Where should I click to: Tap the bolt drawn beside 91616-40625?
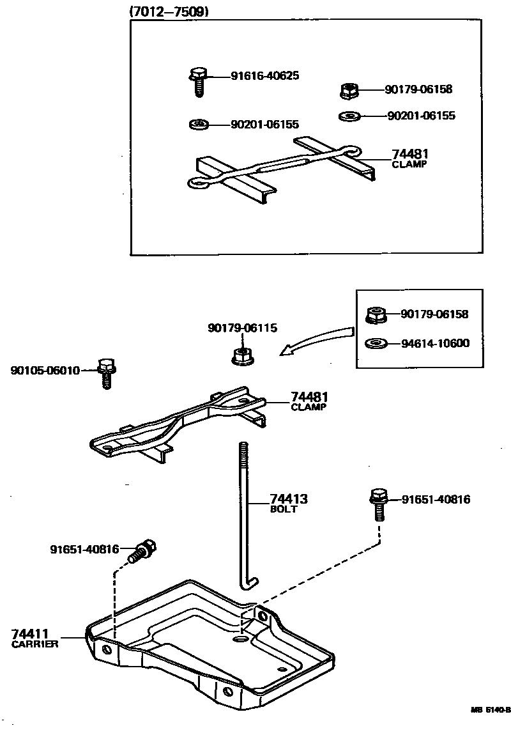(197, 82)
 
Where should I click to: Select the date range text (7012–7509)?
(169, 11)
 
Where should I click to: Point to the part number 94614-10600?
(435, 343)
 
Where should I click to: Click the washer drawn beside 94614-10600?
(376, 344)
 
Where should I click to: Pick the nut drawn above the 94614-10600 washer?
(375, 315)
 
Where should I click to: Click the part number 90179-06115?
(242, 328)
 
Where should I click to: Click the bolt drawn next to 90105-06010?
(106, 373)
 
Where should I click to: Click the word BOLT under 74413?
(284, 510)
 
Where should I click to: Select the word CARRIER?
(35, 645)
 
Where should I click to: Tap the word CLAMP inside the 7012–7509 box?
(409, 165)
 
